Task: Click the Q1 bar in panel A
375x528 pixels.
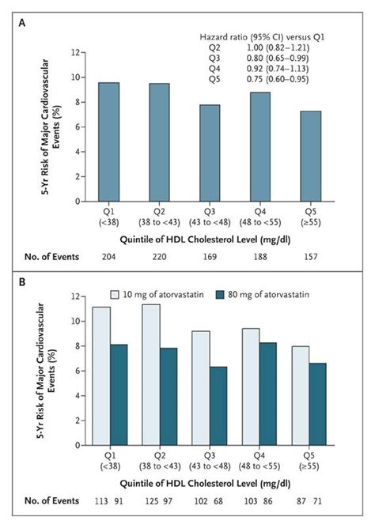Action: coord(110,141)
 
